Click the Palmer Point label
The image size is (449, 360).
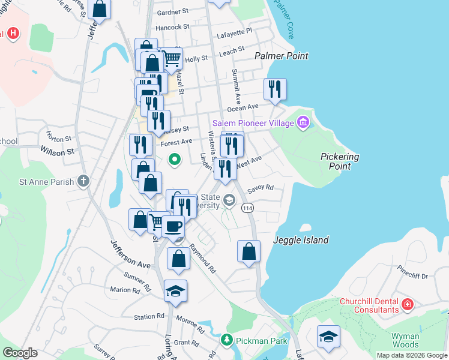coord(281,56)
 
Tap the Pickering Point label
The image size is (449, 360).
coord(339,161)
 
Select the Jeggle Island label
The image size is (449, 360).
coord(301,240)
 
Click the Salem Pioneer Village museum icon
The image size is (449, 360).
coord(303,123)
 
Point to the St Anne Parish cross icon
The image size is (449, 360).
coord(83,181)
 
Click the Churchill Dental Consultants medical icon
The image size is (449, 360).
coord(408,305)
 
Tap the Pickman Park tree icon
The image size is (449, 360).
coord(226,340)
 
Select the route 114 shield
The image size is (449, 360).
coord(247,208)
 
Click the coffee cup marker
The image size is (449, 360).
coord(173,226)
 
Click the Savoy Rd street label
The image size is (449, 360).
coord(260,187)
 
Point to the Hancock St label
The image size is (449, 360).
coord(172,27)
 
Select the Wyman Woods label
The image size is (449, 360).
coord(405,340)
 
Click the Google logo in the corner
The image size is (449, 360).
coord(20,352)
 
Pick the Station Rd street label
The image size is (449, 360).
coord(149,316)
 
